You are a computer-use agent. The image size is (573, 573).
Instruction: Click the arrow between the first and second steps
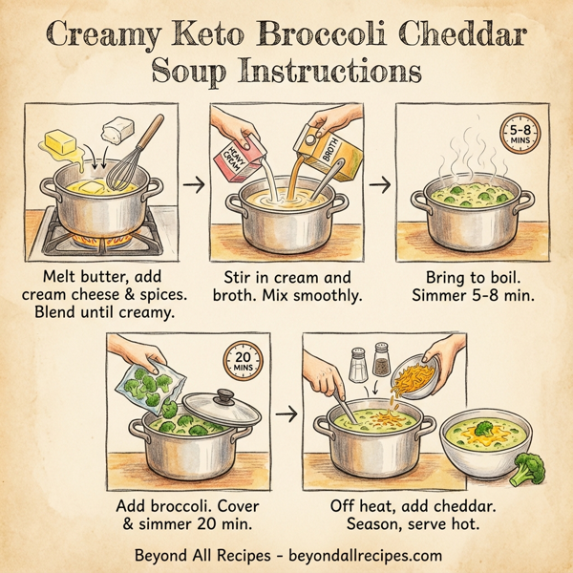[193, 183]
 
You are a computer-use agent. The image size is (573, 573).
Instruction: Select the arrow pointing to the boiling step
[378, 183]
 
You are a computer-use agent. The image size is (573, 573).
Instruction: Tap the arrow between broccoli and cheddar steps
[285, 414]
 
